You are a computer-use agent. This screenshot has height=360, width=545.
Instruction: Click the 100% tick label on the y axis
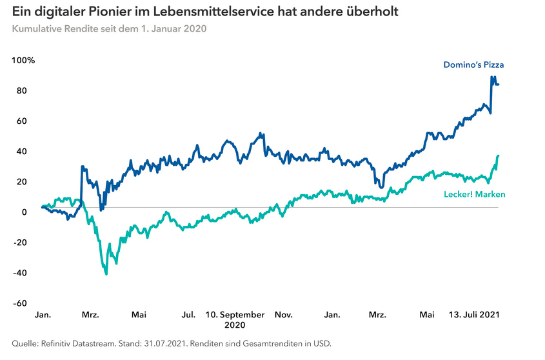pyautogui.click(x=23, y=61)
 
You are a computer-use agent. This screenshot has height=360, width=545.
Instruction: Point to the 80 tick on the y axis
pyautogui.click(x=21, y=91)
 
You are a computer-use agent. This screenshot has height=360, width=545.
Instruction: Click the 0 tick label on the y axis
pyautogui.click(x=24, y=212)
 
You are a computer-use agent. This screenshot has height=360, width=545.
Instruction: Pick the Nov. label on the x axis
pyautogui.click(x=284, y=315)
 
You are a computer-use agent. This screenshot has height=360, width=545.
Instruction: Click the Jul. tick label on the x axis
pyautogui.click(x=188, y=315)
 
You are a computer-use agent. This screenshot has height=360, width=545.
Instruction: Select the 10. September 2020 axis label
pyautogui.click(x=235, y=319)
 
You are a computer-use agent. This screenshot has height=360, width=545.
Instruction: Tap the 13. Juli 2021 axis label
pyautogui.click(x=475, y=315)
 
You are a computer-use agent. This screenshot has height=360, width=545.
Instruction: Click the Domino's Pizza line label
pyautogui.click(x=473, y=65)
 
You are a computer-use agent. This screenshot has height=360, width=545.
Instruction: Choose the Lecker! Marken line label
pyautogui.click(x=475, y=194)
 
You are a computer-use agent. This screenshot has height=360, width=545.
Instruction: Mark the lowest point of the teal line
pyautogui.click(x=106, y=274)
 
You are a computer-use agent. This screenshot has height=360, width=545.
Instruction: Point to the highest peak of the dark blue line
pyautogui.click(x=492, y=77)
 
